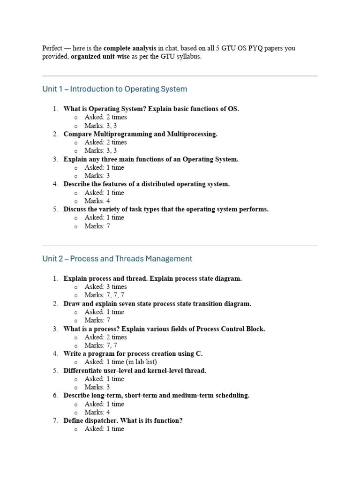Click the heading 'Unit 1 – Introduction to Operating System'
114,89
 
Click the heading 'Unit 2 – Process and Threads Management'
117,259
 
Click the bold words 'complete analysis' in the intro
130,48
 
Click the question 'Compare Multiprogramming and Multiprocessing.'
140,134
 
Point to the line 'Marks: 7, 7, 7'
104,295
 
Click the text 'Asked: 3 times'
105,287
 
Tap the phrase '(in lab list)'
142,362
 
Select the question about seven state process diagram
157,304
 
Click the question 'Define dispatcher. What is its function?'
123,420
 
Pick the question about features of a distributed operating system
146,184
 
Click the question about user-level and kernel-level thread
135,370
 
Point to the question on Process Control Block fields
164,329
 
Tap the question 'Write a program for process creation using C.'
133,354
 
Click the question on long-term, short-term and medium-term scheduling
156,396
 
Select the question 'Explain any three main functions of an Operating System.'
150,159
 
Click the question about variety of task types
166,210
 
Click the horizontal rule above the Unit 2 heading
180,246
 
